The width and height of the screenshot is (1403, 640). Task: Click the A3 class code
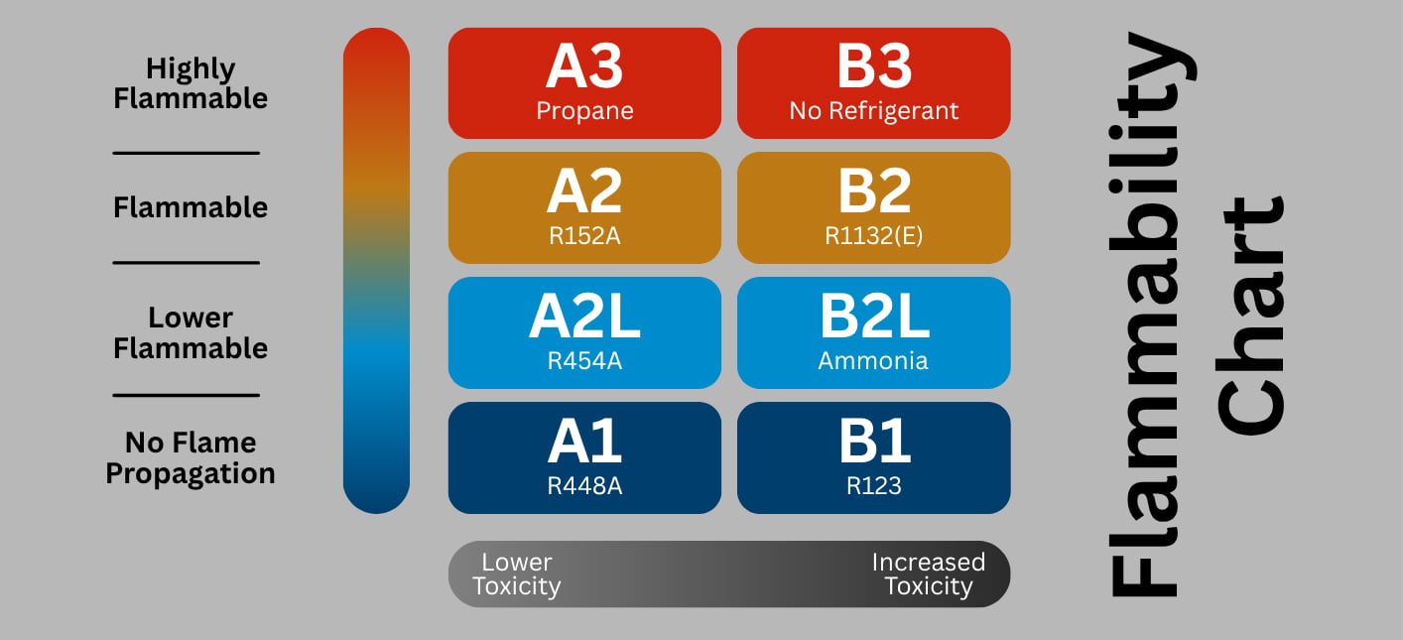[x=584, y=66]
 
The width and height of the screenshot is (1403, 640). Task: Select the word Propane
[x=584, y=111]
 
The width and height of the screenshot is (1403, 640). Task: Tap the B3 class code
[x=874, y=66]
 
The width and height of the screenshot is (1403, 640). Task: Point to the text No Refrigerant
[x=874, y=111]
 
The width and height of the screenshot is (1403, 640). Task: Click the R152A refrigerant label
[x=584, y=236]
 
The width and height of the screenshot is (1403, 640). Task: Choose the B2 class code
[x=874, y=192]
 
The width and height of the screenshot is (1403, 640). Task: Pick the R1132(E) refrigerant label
[x=874, y=236]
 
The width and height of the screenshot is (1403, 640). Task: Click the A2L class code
[x=584, y=317]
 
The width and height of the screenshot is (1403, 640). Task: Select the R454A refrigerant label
[x=584, y=361]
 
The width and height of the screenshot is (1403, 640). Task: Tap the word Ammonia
[x=873, y=361]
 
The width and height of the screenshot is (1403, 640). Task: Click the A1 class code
[x=584, y=442]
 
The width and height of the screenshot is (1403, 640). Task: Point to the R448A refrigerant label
[x=584, y=486]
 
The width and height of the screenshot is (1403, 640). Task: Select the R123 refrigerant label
[x=874, y=486]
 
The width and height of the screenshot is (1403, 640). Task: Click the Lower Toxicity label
[x=517, y=575]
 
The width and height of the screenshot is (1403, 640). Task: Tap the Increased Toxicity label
[x=929, y=575]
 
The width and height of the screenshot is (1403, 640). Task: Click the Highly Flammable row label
[x=191, y=84]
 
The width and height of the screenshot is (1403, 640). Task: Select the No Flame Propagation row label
[x=191, y=458]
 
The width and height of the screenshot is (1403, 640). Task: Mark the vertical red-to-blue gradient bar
[x=376, y=271]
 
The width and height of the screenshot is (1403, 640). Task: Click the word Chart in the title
[x=1250, y=316]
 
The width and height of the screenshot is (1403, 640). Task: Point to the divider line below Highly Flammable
[x=186, y=153]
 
